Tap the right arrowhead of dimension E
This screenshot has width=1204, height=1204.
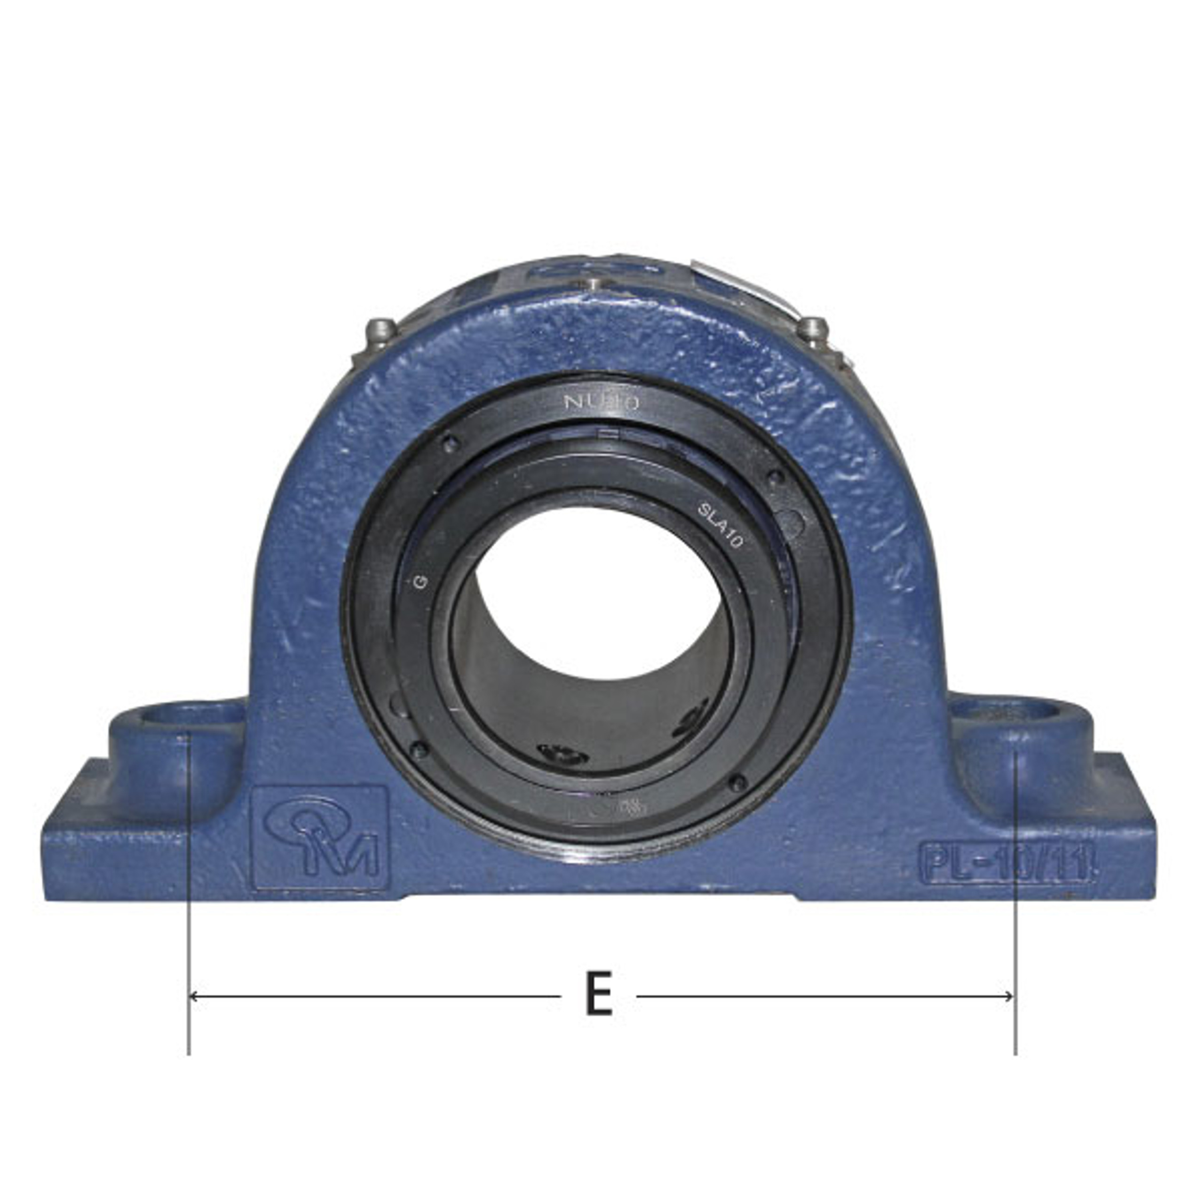coord(1010,997)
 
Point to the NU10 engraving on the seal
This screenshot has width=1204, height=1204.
coord(602,403)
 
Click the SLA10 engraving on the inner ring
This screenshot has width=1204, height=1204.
coord(719,525)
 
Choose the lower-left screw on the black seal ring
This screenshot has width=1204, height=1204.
coord(419,749)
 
